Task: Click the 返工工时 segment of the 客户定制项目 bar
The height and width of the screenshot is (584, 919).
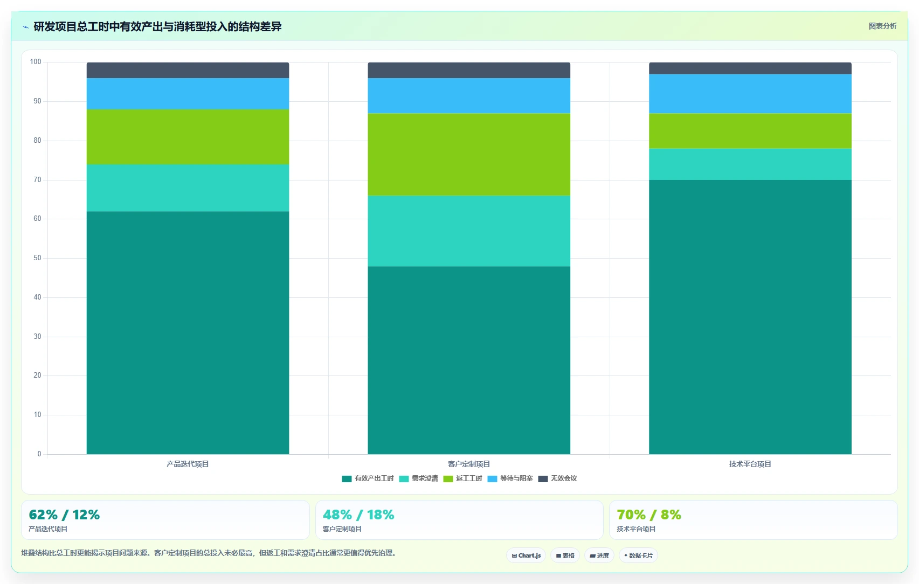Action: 469,155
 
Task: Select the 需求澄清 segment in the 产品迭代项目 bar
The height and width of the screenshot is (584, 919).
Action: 188,188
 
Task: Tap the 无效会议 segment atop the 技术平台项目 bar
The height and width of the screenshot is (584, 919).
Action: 750,68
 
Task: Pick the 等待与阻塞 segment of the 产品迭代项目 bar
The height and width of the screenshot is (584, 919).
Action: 188,94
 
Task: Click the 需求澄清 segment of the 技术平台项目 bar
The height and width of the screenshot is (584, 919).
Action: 750,164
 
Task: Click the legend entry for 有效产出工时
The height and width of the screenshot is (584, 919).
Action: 368,478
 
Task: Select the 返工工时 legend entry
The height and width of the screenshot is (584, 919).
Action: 463,478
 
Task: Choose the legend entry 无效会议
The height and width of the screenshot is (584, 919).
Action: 557,478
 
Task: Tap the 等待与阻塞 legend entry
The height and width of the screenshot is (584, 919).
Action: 510,478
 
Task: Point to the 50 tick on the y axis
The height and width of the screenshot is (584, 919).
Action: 37,258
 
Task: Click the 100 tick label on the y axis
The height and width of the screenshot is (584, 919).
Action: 36,62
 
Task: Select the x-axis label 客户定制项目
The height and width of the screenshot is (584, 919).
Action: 469,464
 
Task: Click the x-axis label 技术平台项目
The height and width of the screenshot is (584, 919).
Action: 750,464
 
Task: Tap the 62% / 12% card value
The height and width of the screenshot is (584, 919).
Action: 65,515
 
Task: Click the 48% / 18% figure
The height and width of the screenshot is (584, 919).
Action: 358,515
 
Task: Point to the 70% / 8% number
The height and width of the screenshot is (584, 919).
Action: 649,515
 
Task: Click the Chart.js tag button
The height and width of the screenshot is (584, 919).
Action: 526,555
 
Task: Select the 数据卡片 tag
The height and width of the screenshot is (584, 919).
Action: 638,555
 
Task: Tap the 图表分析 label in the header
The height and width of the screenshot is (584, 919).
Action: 883,26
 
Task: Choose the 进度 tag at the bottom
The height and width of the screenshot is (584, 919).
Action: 599,555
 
